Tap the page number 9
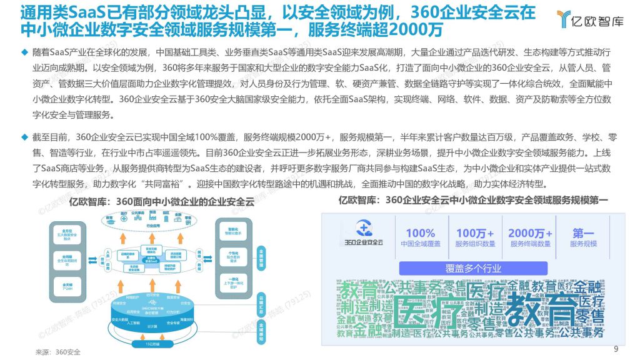coord(616,349)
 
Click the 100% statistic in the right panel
coord(420,233)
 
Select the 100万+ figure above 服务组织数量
coord(475,233)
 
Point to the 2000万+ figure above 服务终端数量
coord(531,233)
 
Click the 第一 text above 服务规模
coord(583,233)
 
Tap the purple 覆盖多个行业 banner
coord(473,269)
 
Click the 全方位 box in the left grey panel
coord(66,233)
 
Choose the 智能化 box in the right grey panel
coord(232,232)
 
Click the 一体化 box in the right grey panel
coord(232,282)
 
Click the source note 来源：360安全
coord(58,352)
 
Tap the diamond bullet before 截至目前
coord(24,136)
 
